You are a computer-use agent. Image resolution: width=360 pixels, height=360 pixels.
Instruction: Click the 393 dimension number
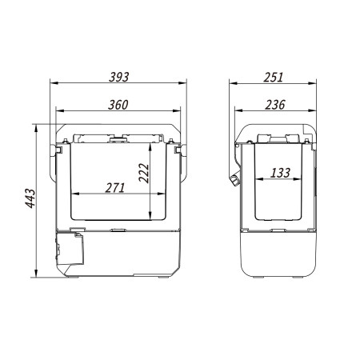pyautogui.click(x=119, y=77)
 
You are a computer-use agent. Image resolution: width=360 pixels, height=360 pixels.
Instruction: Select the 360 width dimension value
pyautogui.click(x=118, y=105)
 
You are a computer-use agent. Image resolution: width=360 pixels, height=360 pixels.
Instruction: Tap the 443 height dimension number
pyautogui.click(x=30, y=198)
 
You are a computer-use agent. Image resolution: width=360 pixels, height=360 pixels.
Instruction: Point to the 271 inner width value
pyautogui.click(x=115, y=188)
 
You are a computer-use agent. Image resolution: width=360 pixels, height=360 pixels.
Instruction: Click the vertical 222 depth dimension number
pyautogui.click(x=144, y=173)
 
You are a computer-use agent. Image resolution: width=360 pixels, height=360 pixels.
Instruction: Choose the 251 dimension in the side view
pyautogui.click(x=274, y=77)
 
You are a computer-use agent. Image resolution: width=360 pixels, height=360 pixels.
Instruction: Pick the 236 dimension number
pyautogui.click(x=275, y=105)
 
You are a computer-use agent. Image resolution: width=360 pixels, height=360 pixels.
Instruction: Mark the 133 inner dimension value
pyautogui.click(x=280, y=173)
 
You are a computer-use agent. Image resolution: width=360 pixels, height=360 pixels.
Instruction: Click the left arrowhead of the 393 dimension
pyautogui.click(x=54, y=83)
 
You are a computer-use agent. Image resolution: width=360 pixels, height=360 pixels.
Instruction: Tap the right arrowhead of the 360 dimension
pyautogui.click(x=177, y=110)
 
